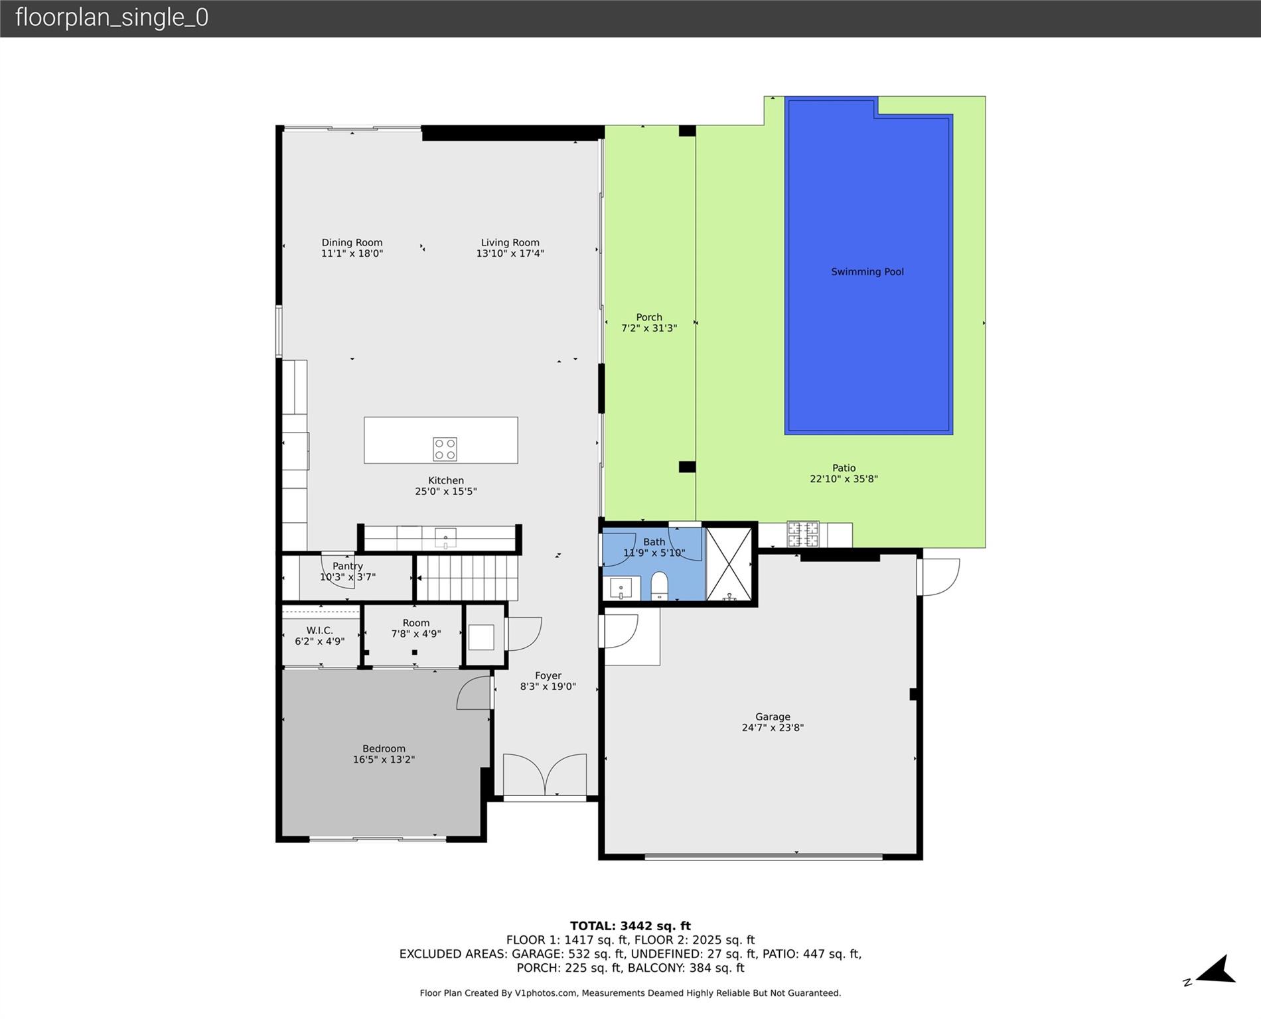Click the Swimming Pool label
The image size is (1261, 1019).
[x=867, y=271]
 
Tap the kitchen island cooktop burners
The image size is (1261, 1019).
[x=445, y=448]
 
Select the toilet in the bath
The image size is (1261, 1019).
[x=659, y=586]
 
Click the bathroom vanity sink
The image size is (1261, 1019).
[x=621, y=588]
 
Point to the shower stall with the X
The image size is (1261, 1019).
[x=729, y=565]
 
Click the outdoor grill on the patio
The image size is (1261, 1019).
[x=803, y=534]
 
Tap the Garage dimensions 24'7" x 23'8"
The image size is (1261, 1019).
[x=773, y=727]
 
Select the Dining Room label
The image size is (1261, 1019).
[x=352, y=243]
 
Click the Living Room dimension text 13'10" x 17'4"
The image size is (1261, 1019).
[x=510, y=253]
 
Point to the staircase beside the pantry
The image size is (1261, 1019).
[x=467, y=577]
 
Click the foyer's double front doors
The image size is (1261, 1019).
[x=545, y=774]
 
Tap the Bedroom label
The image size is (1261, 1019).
[x=384, y=749]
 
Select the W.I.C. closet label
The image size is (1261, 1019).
[x=319, y=631]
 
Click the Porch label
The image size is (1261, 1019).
[x=649, y=317]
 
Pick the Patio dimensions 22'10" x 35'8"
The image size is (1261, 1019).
[x=844, y=479]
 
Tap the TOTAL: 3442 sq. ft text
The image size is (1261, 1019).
[x=630, y=926]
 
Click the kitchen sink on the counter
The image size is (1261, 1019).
[x=445, y=537]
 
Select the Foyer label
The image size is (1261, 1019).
[x=548, y=676]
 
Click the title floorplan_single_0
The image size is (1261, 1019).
[x=111, y=17]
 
